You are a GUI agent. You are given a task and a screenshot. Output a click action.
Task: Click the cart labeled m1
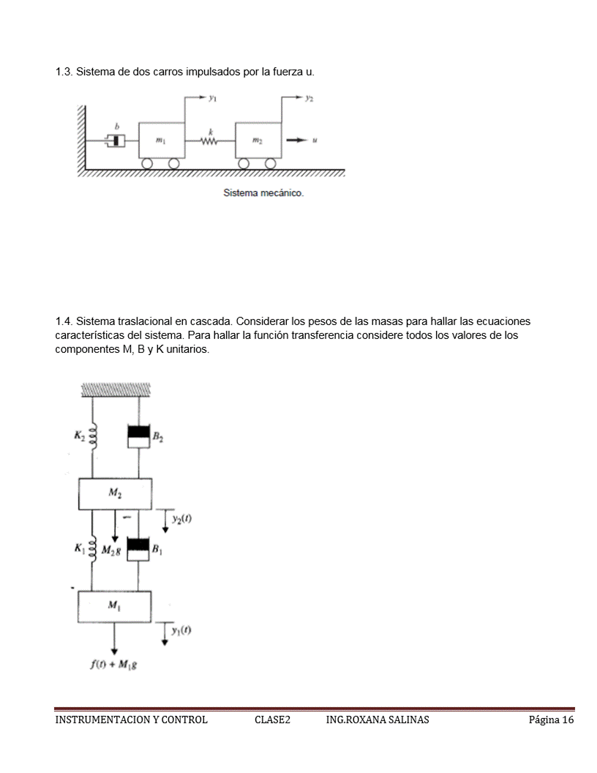[161, 139]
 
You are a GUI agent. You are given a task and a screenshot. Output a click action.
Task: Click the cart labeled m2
[258, 139]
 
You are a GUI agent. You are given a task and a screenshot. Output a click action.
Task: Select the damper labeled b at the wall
[114, 139]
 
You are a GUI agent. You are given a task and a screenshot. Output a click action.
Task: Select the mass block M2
[115, 493]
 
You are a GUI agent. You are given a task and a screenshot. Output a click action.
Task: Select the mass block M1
[115, 606]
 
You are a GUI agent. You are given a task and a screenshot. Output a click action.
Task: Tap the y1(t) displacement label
[181, 631]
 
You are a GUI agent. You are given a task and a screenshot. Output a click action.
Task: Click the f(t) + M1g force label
[116, 665]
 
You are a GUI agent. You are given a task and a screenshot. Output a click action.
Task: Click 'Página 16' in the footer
[552, 720]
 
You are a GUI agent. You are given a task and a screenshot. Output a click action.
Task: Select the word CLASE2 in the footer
[272, 720]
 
